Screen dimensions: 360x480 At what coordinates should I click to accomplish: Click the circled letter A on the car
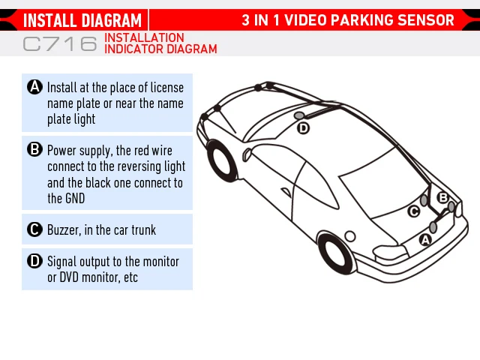tap(425, 240)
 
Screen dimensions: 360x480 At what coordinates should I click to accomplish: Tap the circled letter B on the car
tap(442, 196)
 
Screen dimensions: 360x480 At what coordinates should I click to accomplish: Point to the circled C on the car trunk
tap(413, 211)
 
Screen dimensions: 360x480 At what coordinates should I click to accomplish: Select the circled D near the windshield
tap(303, 128)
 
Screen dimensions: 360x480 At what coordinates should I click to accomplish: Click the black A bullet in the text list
tap(34, 87)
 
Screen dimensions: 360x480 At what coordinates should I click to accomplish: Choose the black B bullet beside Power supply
tap(34, 150)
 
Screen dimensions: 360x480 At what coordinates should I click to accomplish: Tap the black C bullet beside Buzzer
tap(34, 229)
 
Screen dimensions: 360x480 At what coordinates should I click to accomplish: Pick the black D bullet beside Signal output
tap(34, 261)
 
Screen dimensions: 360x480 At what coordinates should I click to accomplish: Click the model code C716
tap(60, 44)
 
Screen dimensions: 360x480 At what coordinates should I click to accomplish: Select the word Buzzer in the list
tap(65, 229)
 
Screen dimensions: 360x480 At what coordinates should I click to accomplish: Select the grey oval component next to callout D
tap(299, 115)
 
